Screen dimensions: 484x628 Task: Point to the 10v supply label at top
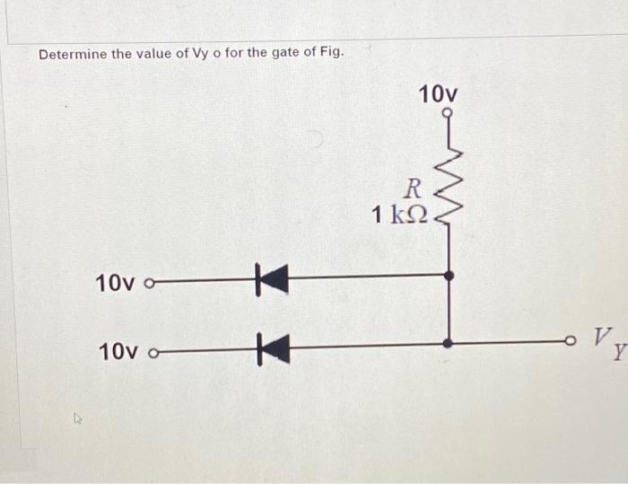(x=438, y=93)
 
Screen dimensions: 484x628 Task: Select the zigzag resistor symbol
(x=448, y=184)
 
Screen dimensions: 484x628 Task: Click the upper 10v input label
(x=115, y=284)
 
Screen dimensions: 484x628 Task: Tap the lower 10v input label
(x=115, y=349)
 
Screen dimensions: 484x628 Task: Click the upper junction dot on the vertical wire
(x=449, y=276)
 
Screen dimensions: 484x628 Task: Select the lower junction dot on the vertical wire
(x=449, y=343)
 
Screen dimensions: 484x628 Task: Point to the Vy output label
(x=604, y=341)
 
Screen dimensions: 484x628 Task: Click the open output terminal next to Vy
(x=570, y=342)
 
